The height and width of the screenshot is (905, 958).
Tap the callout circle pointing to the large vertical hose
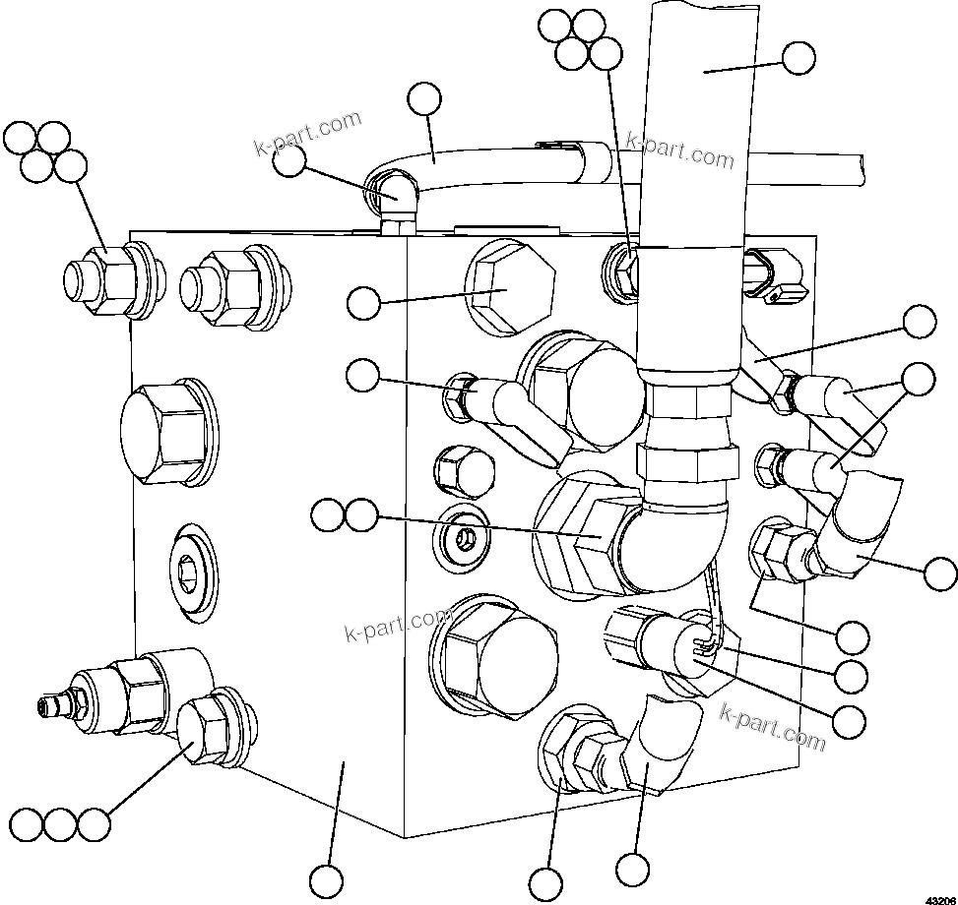pos(799,58)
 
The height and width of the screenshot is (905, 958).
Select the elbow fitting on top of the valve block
pos(399,197)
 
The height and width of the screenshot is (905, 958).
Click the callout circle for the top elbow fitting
pos(288,162)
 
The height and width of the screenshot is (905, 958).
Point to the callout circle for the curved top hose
pos(424,98)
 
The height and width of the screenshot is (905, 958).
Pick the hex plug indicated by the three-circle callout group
pos(208,729)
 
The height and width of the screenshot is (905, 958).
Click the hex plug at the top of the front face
pos(505,288)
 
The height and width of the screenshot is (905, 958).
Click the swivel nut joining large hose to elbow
pos(686,457)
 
